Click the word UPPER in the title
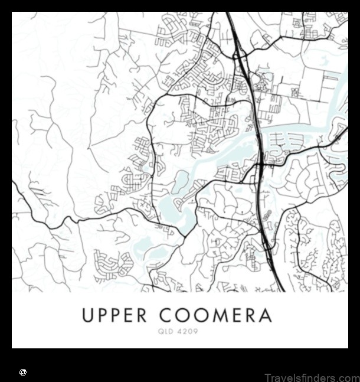coord(113,315)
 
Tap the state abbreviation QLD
coord(166,332)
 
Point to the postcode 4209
coord(187,332)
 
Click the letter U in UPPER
coord(89,315)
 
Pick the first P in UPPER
coord(102,315)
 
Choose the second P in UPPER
coord(115,315)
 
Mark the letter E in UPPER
coord(127,315)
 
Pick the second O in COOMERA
coord(201,315)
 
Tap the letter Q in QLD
coord(160,332)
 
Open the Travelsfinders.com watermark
coord(311,377)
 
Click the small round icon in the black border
coord(23,373)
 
